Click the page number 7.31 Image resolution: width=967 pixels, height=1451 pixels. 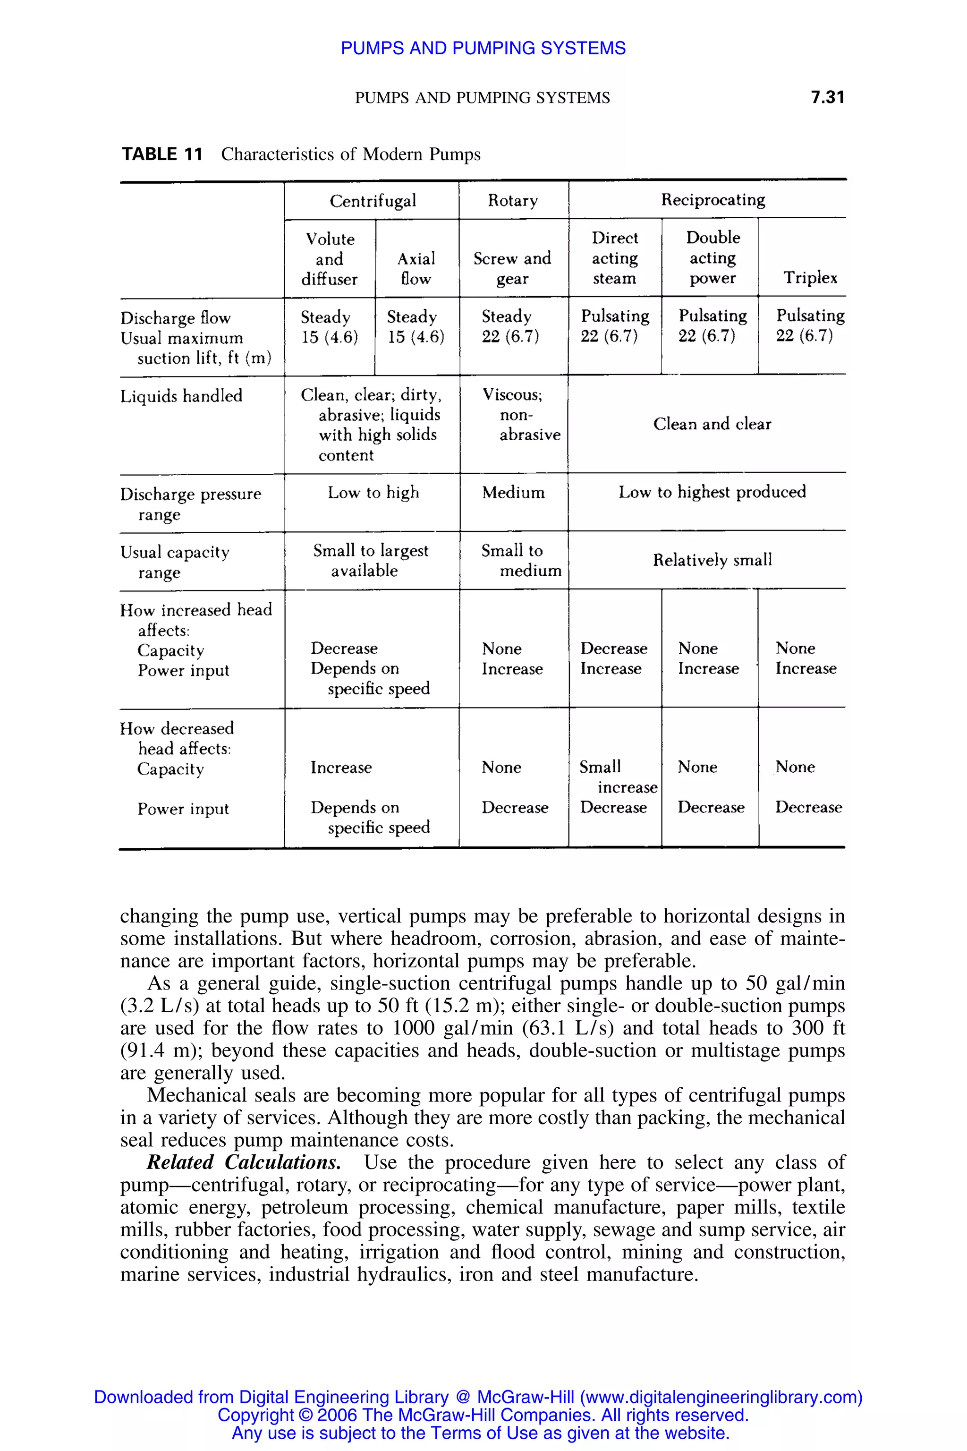[x=827, y=97]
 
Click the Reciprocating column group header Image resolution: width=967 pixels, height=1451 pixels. [x=713, y=200]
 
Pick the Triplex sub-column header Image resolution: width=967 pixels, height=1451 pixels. [x=810, y=278]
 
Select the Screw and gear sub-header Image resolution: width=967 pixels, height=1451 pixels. [x=512, y=268]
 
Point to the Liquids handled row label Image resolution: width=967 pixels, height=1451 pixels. [x=181, y=396]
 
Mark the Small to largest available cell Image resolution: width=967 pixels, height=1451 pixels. [x=370, y=560]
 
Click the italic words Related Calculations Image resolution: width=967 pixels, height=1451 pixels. [x=244, y=1162]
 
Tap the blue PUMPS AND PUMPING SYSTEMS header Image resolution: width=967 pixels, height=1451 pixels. [x=483, y=48]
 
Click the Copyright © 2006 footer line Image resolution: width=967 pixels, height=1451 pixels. [x=483, y=1415]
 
